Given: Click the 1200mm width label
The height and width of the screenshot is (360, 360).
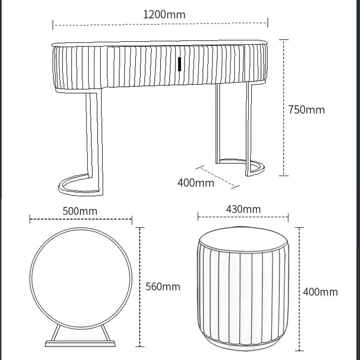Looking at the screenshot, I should pos(164,14).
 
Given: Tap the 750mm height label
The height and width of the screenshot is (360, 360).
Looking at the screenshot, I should pos(306,109).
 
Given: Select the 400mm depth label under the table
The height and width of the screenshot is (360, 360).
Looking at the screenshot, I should pos(196,183).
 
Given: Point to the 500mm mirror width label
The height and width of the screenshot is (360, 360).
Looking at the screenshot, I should pos(80,211).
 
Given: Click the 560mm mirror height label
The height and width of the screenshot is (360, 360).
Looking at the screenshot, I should pos(162,286).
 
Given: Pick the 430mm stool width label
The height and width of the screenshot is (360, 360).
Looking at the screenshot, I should pos(243,209).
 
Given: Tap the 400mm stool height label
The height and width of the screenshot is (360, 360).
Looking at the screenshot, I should pos(320,292).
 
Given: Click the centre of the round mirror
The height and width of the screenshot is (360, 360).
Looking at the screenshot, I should pos(81,274).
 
